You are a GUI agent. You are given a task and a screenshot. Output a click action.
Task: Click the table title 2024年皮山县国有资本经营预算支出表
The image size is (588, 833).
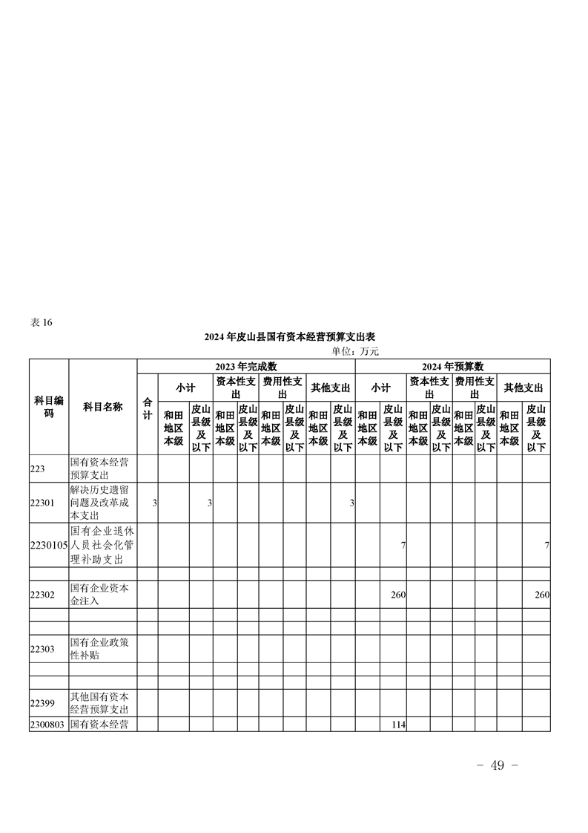tap(290, 337)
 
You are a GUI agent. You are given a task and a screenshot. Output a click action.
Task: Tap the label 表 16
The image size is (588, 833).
tap(42, 322)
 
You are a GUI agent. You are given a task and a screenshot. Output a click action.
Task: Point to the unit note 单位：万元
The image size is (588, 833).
tap(354, 351)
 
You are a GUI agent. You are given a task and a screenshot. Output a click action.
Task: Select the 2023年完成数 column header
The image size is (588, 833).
tap(246, 366)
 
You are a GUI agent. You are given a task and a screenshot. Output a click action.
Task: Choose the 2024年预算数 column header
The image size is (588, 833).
tap(452, 366)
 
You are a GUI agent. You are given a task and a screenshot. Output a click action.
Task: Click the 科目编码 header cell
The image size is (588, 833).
tap(49, 406)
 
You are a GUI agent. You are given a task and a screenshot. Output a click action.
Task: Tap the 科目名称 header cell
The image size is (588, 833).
tap(102, 407)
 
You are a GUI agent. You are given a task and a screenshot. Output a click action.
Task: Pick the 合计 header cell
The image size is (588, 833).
tap(148, 408)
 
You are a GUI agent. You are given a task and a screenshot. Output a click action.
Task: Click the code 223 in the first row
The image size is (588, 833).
tap(39, 468)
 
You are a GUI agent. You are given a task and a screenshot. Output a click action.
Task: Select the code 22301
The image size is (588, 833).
tap(43, 503)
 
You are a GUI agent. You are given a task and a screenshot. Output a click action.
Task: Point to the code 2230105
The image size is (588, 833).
tap(49, 545)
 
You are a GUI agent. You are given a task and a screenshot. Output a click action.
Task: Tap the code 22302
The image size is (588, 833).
tap(43, 595)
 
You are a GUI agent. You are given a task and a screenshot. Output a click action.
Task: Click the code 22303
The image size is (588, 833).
tap(43, 649)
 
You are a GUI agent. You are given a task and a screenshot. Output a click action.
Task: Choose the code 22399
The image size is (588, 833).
tap(43, 703)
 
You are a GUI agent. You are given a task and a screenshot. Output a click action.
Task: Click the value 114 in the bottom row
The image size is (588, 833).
tap(397, 725)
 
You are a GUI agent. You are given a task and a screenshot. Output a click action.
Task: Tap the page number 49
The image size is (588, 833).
tap(498, 765)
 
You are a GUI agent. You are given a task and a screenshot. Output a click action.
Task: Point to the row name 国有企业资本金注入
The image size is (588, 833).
tap(100, 595)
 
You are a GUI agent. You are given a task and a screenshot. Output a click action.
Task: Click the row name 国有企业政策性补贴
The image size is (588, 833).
tap(100, 649)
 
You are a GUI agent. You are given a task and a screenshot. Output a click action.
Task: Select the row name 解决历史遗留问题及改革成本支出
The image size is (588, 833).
tap(102, 503)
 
